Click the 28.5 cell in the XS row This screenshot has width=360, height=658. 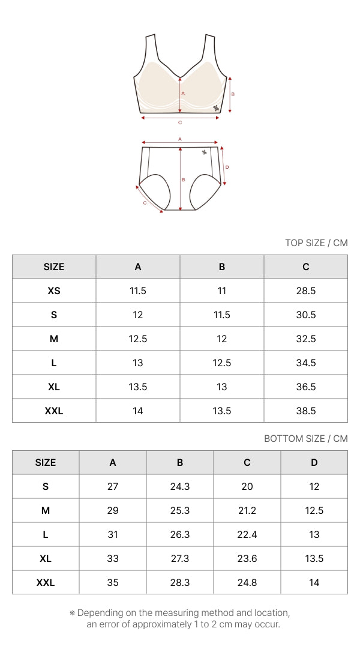[305, 291]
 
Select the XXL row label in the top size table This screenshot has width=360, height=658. [54, 411]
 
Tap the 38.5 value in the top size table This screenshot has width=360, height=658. [305, 411]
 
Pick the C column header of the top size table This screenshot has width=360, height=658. [305, 267]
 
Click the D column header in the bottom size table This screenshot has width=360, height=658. [314, 462]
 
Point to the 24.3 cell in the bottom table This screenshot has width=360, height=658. [179, 486]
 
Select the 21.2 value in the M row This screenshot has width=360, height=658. [247, 511]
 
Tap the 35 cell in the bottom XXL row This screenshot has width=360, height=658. [112, 582]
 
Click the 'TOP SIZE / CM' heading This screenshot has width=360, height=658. [316, 243]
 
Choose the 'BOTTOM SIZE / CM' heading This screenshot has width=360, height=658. [306, 438]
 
